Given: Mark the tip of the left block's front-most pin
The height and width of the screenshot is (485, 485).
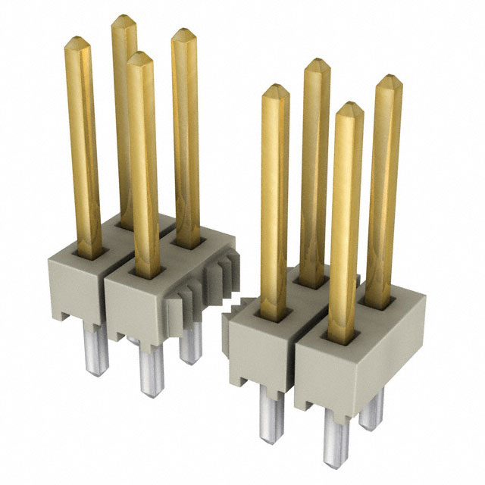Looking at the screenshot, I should click(x=139, y=58).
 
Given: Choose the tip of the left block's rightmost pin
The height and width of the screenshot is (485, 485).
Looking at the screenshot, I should click(x=182, y=34).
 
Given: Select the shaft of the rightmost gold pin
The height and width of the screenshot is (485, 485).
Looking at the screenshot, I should click(x=383, y=189).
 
